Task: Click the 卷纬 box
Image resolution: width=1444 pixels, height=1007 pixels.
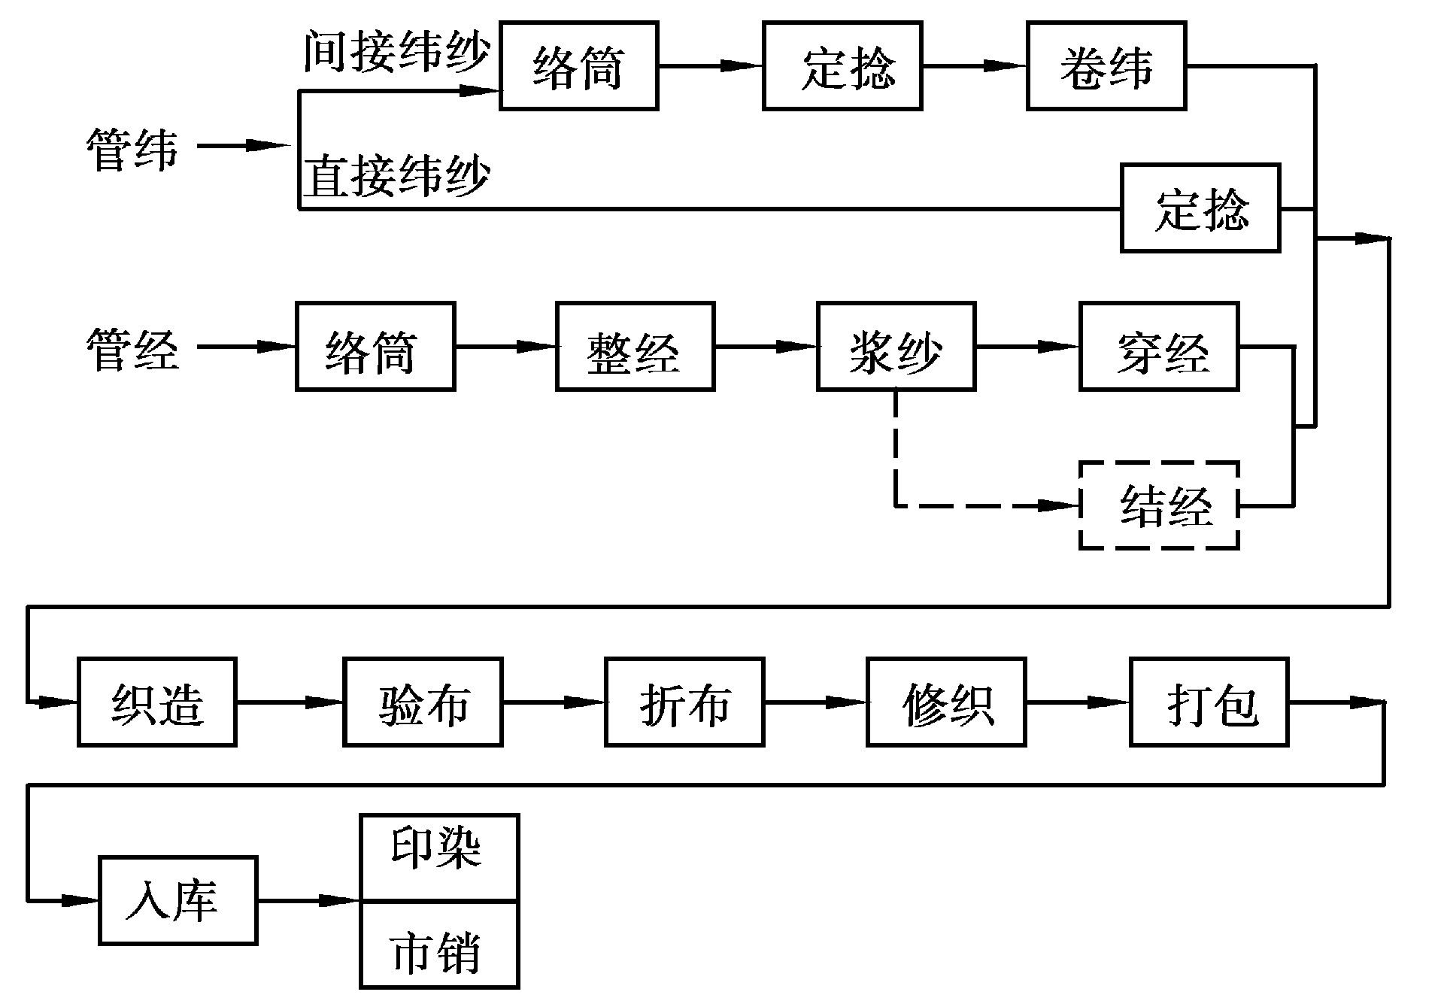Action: coord(1106,66)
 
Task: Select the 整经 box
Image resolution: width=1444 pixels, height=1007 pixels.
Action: coord(636,347)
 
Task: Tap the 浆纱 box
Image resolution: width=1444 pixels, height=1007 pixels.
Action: coord(896,347)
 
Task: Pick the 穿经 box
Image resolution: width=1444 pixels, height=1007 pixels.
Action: coord(1159,347)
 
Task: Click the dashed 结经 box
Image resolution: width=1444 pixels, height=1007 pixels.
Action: coord(1159,505)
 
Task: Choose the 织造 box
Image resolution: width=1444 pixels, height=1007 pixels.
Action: coord(157,702)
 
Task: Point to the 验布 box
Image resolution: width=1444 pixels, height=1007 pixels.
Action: coord(423,702)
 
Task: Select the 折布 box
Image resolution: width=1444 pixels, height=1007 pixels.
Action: coord(684,702)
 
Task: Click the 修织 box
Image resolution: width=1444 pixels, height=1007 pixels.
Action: coord(946,702)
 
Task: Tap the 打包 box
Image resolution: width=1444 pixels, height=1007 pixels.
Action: coord(1209,702)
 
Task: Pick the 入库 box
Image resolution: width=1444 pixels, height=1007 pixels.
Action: coord(178,900)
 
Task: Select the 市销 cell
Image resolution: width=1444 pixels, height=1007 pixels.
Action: coord(439,945)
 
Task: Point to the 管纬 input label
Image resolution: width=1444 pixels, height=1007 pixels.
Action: coord(132,149)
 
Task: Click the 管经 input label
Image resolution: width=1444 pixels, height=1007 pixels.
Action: coord(132,349)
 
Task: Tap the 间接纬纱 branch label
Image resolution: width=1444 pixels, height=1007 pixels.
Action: coord(396,53)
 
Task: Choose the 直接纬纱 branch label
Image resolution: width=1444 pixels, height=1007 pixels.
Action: coord(396,176)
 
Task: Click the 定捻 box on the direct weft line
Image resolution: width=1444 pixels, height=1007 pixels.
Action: coord(1200,208)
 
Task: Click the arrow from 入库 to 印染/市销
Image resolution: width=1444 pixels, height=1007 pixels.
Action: coord(308,900)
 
